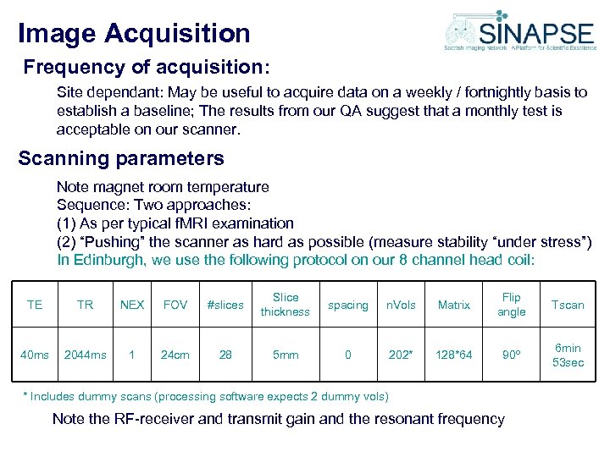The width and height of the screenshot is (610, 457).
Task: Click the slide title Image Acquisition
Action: point(134,33)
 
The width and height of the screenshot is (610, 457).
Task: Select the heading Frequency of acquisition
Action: point(146,66)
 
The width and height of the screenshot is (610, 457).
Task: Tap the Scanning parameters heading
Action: point(121,158)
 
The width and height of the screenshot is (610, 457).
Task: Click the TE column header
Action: point(35,305)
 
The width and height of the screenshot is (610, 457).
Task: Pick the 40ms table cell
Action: point(35,355)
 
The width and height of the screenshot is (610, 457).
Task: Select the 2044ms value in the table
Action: point(85,355)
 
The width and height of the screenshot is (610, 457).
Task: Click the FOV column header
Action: point(175,305)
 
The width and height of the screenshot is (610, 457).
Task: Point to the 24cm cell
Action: point(175,355)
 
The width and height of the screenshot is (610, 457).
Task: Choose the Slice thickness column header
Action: point(286,305)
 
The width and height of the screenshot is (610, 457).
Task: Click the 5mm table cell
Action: point(286,355)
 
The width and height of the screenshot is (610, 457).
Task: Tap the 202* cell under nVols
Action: point(401,355)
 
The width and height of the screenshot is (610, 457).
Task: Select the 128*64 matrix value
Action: point(454,355)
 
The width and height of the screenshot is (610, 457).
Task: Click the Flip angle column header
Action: point(512,305)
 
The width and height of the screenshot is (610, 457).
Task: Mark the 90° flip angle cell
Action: point(512,355)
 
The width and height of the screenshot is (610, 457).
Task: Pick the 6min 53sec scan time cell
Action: point(568,355)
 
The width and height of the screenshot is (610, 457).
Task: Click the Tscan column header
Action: point(568,305)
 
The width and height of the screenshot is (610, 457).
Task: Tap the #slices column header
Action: point(225,305)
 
